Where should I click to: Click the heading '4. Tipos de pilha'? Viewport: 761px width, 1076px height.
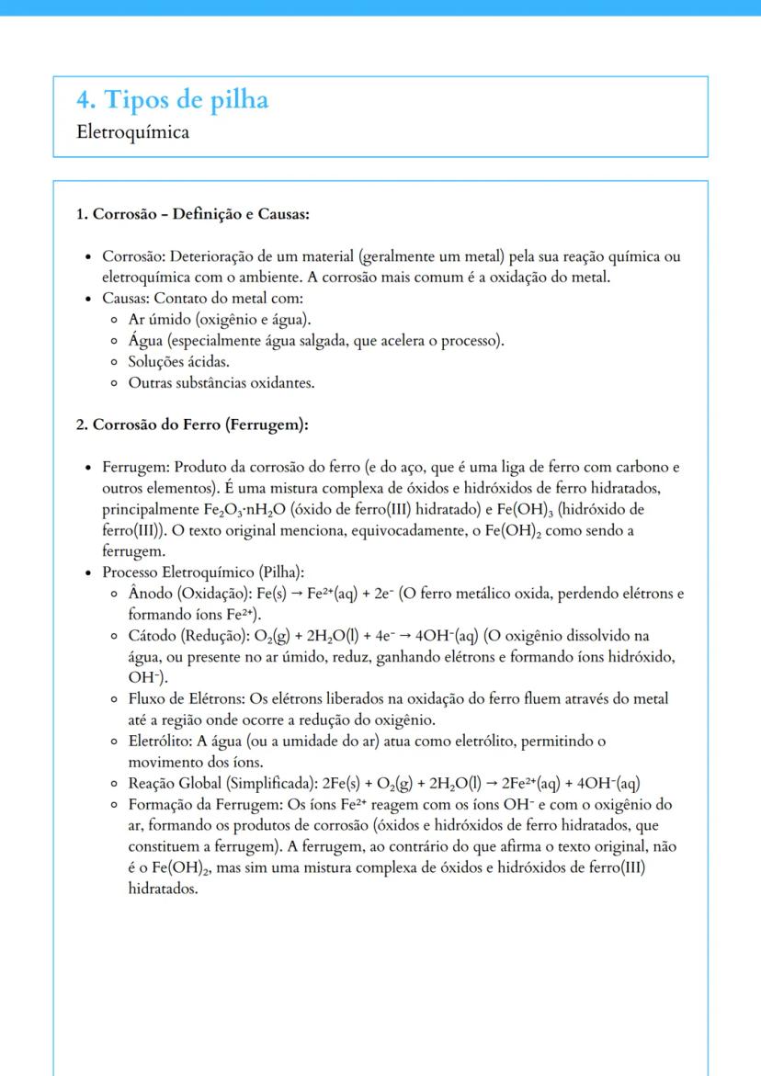174,99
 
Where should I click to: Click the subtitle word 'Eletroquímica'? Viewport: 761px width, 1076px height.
134,133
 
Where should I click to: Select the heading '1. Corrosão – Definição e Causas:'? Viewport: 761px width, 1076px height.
192,215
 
